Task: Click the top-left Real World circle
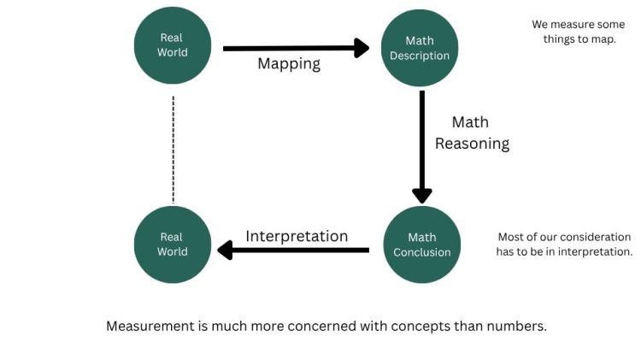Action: click(173, 45)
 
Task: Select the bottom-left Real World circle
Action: click(173, 245)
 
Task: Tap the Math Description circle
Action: click(420, 48)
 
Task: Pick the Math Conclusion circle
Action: click(421, 245)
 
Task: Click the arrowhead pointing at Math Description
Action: click(367, 48)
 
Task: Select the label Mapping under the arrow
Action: click(289, 64)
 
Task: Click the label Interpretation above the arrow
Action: click(297, 236)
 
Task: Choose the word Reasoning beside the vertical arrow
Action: click(472, 144)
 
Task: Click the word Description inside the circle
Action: click(420, 56)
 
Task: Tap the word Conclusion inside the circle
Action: click(421, 252)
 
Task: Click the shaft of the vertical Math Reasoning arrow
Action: click(421, 137)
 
